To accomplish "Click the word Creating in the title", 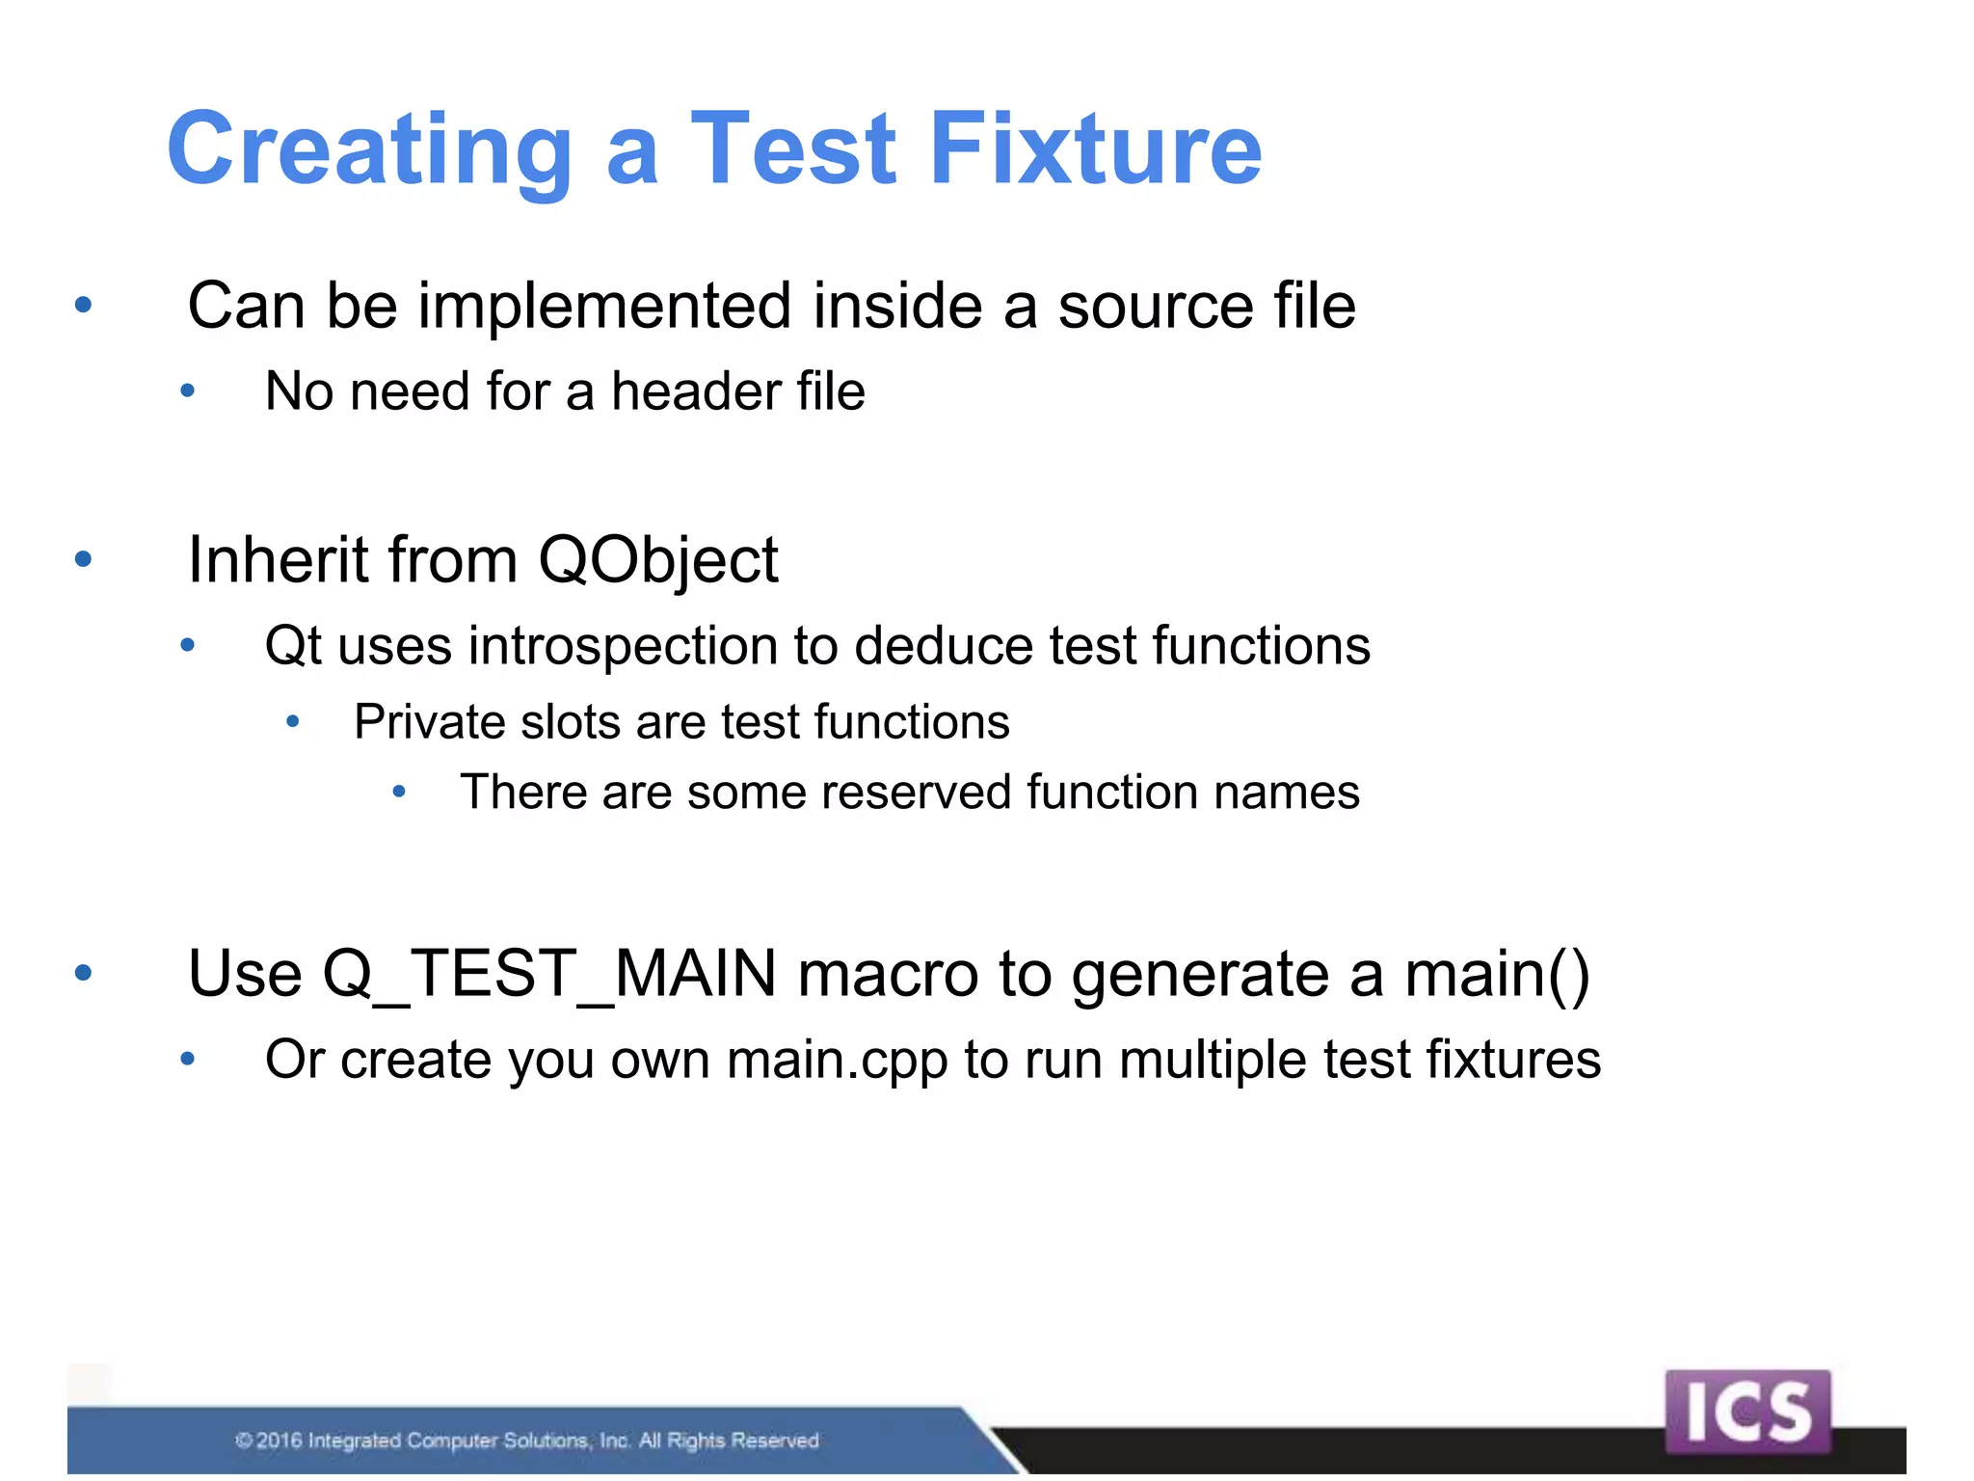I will tap(371, 149).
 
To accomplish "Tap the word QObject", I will tap(657, 561).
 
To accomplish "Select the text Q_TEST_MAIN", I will tap(549, 974).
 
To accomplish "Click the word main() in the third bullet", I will tap(1497, 974).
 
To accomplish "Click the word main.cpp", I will tap(837, 1061).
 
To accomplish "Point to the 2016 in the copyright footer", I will tap(279, 1441).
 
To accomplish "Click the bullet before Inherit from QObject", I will tap(84, 559).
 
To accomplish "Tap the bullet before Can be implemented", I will tap(84, 306).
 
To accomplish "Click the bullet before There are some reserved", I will tap(399, 794).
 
